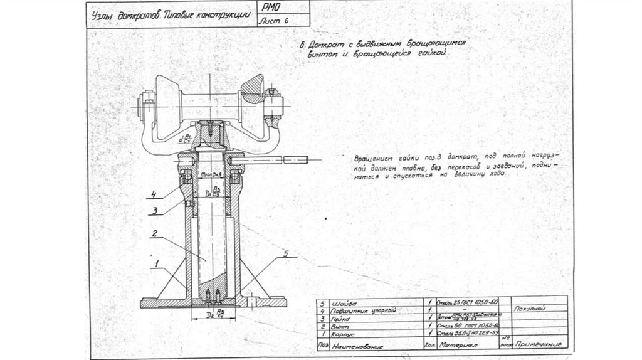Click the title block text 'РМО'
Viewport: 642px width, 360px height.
point(271,9)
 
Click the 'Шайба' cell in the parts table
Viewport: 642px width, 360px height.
point(342,303)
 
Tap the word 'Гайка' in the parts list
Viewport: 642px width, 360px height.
point(342,319)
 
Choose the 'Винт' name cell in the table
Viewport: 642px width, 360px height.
point(339,327)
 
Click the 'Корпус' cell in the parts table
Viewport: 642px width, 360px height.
point(342,335)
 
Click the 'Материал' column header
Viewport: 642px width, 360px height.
point(460,345)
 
